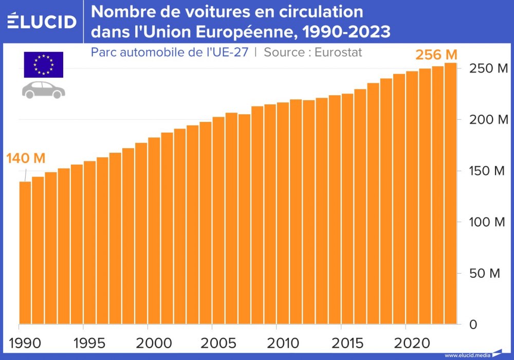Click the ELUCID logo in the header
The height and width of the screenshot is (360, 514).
click(42, 21)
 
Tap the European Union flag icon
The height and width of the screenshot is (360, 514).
click(43, 65)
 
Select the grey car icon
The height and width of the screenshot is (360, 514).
click(43, 89)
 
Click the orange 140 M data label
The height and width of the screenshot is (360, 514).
click(26, 158)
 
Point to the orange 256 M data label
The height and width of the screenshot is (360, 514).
click(436, 55)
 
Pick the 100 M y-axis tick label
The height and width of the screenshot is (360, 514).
click(487, 222)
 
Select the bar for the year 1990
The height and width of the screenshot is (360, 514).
click(25, 253)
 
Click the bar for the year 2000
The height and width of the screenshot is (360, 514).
click(154, 231)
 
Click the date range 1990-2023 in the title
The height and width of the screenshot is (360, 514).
click(346, 32)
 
